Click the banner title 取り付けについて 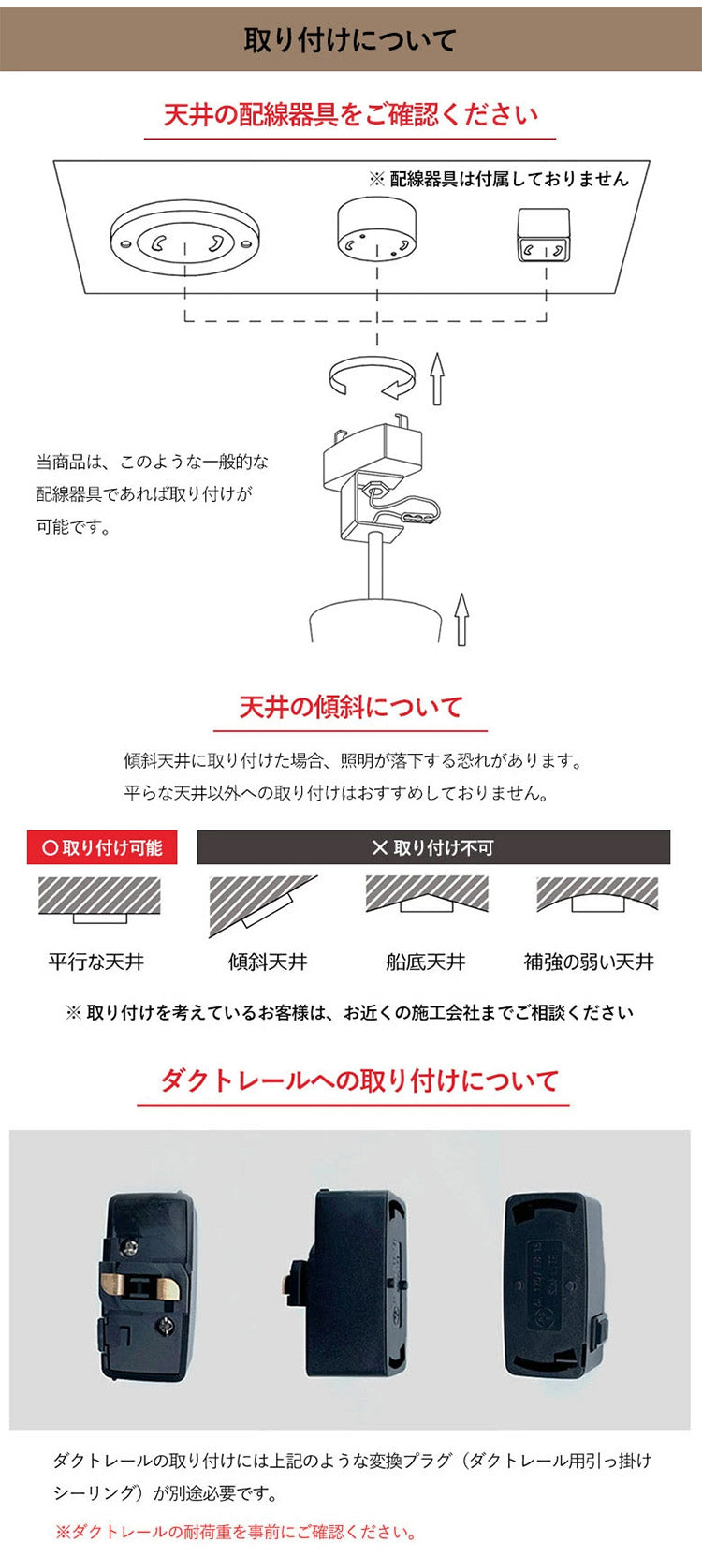tap(350, 39)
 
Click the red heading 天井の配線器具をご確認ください tap(351, 114)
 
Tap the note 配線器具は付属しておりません tap(507, 179)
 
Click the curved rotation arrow tap(372, 377)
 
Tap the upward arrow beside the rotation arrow tap(436, 378)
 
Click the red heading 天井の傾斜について tap(351, 707)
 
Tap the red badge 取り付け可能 tap(102, 847)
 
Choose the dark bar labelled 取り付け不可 tap(433, 847)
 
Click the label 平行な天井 tap(96, 962)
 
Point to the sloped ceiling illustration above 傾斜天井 tap(262, 904)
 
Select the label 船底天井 tap(426, 962)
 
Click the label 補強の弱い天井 tap(589, 962)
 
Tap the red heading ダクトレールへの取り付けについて tap(359, 1080)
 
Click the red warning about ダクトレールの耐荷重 tap(236, 1533)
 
